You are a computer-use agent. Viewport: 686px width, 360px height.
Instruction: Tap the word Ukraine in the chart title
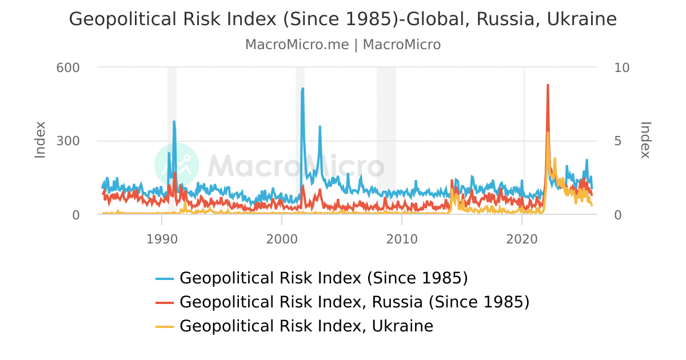point(582,19)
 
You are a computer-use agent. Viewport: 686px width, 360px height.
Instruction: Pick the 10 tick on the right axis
point(621,67)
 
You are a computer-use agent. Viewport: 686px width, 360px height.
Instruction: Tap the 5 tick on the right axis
point(618,141)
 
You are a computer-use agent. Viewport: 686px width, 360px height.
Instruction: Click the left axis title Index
point(40,140)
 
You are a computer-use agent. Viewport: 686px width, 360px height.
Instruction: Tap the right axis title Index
point(645,140)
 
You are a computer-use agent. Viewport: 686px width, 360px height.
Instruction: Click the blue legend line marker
point(165,279)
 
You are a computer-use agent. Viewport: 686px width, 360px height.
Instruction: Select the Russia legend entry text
point(354,302)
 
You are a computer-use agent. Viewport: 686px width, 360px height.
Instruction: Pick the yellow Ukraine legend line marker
point(165,327)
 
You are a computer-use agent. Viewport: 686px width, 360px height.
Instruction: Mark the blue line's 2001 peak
point(302,89)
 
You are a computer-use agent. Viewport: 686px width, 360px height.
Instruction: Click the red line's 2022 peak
point(548,85)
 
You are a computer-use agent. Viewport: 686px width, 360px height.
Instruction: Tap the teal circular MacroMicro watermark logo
point(177,165)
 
